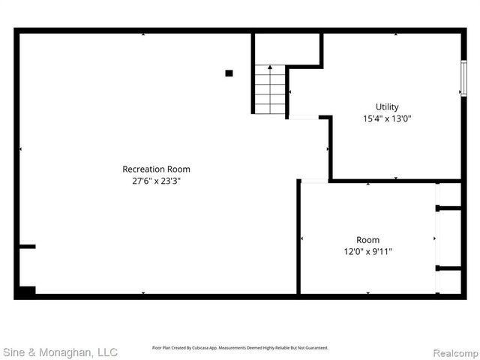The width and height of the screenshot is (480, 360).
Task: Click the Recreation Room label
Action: pyautogui.click(x=156, y=169)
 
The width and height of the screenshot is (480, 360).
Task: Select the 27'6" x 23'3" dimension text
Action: pyautogui.click(x=156, y=181)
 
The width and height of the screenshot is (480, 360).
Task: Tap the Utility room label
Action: pyautogui.click(x=387, y=106)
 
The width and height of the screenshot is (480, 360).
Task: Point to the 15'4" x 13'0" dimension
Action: pyautogui.click(x=387, y=118)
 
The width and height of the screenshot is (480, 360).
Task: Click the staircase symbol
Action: pyautogui.click(x=270, y=90)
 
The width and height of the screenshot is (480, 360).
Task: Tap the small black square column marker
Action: pyautogui.click(x=229, y=73)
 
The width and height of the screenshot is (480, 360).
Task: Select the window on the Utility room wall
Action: pyautogui.click(x=463, y=77)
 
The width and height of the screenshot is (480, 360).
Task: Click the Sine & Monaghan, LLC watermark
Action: pyautogui.click(x=60, y=351)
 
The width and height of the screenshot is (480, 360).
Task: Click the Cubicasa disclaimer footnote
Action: pyautogui.click(x=240, y=348)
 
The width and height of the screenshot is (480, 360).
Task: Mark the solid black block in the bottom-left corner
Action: pyautogui.click(x=26, y=291)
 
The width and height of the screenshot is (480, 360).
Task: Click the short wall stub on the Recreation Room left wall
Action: pyautogui.click(x=27, y=246)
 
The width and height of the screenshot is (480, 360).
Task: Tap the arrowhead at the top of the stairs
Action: pyautogui.click(x=270, y=67)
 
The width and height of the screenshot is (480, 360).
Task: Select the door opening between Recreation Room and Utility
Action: pyautogui.click(x=304, y=117)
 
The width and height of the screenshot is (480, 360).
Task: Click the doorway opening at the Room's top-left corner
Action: pyautogui.click(x=315, y=180)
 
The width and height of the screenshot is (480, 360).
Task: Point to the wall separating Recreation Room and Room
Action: pyautogui.click(x=298, y=240)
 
